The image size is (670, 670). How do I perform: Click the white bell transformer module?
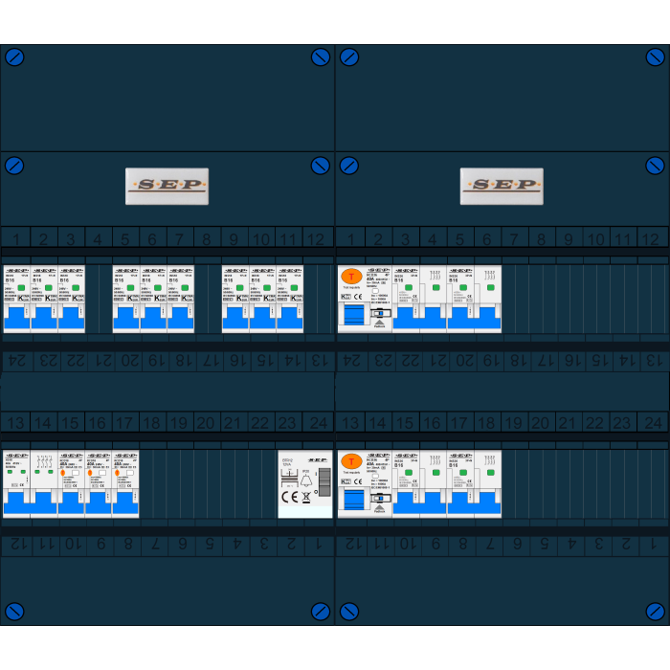coord(305,483)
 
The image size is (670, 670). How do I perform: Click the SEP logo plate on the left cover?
coord(167,186)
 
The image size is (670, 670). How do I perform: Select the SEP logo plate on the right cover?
coord(502,186)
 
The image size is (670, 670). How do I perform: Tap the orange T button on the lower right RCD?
coord(351,461)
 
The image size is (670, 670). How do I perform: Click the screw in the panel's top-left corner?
coord(14,57)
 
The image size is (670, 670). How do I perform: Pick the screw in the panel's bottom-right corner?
coord(655,611)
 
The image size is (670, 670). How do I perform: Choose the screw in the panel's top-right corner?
coord(655,57)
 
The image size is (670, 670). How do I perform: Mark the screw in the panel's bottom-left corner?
coord(14,611)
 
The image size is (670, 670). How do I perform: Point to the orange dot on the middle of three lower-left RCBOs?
coord(90,472)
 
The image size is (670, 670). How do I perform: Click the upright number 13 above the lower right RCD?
coord(350,422)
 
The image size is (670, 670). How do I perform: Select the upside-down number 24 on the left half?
coord(16,361)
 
